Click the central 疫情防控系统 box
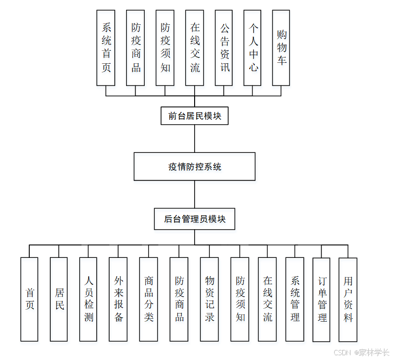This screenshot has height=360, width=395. coord(194,166)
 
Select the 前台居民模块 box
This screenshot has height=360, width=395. coord(194,116)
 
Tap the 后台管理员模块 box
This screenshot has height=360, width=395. coord(194,219)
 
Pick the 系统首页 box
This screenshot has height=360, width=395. coord(106,48)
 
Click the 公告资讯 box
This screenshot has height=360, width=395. coord(224,48)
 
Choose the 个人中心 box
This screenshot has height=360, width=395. coord(253,48)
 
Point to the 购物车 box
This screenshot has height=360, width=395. coord(281,48)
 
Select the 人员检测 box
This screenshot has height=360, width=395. coord(88,299)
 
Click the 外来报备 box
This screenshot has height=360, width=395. coord(118,299)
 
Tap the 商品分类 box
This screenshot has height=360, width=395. coord(148,299)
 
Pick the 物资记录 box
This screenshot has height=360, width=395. coord(209,299)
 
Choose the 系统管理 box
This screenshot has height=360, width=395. coord(295,299)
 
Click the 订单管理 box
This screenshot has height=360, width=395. coord(322,299)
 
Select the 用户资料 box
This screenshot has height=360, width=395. coord(348,299)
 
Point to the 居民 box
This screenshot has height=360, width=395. coord(59,299)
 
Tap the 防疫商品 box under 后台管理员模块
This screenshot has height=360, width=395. coord(179,299)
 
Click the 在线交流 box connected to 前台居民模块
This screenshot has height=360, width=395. coord(195,48)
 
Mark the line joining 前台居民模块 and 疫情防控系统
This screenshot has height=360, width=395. coord(195,139)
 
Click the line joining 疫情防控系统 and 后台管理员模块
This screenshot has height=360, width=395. coord(195,194)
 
